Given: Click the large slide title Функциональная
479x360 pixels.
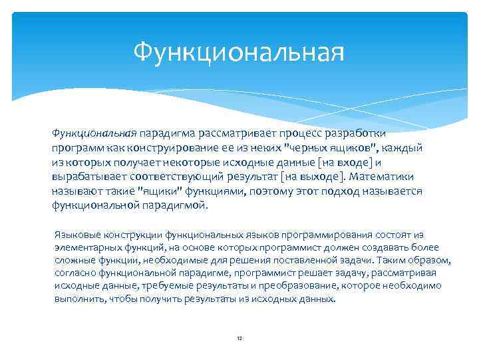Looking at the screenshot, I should pyautogui.click(x=239, y=51).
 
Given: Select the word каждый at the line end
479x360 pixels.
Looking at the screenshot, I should pyautogui.click(x=405, y=147).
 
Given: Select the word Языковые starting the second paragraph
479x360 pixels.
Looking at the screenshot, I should pyautogui.click(x=74, y=235).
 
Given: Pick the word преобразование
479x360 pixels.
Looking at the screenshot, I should pyautogui.click(x=305, y=286).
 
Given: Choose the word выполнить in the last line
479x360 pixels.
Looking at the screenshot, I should pyautogui.click(x=78, y=299).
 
